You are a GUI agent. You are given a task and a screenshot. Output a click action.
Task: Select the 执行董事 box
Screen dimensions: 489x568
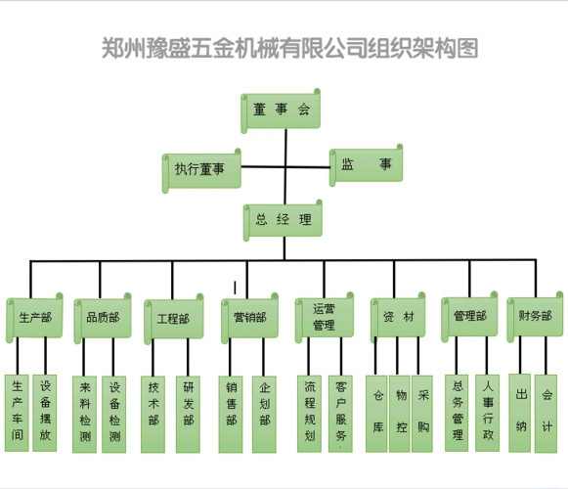coord(200,169)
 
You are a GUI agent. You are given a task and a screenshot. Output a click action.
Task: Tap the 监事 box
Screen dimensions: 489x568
coord(366,165)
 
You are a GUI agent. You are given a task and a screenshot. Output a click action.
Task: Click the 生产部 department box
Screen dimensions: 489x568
coord(35,317)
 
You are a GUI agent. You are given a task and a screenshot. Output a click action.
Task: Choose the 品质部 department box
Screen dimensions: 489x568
coord(102,317)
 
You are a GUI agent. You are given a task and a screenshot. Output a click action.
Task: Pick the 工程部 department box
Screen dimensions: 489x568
coord(173,318)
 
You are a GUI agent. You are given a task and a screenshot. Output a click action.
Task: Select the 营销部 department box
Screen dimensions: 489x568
coord(250,317)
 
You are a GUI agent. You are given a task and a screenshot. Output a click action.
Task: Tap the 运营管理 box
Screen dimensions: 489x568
coord(325,317)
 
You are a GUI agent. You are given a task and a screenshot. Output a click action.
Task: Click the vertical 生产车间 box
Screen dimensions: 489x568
coord(17,412)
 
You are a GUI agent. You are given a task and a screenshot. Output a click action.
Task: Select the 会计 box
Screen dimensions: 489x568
coord(546,411)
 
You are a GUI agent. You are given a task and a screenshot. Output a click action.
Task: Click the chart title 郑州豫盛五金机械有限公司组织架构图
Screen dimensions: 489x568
coord(289,47)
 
